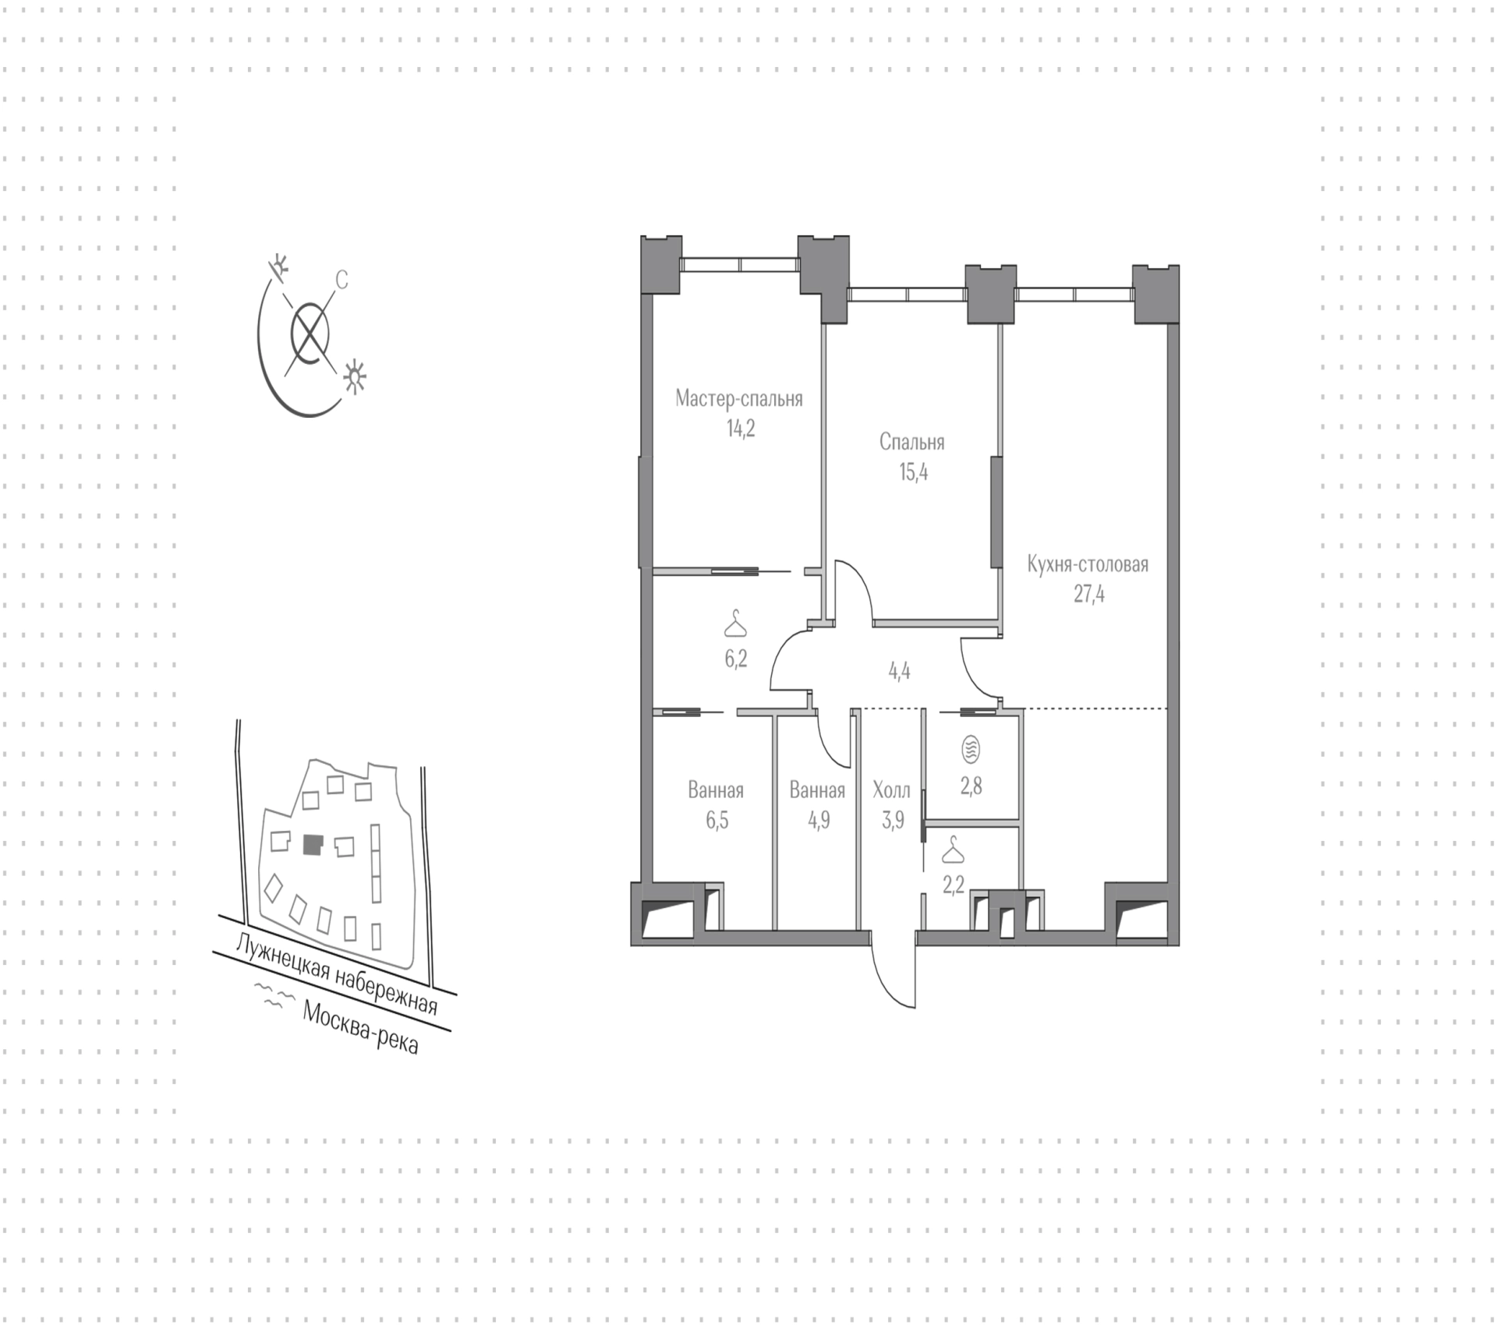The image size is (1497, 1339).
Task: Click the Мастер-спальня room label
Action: coord(738,399)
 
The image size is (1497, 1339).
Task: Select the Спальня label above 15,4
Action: coord(911,443)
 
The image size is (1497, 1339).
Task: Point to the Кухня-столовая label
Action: coord(1088,564)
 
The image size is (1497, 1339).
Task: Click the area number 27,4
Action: coord(1089,595)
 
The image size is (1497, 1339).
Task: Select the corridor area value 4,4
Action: coord(899,671)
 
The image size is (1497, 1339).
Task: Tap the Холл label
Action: coord(891,790)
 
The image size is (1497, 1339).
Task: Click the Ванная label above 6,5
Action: coord(715,790)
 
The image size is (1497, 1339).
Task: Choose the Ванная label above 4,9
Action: coord(817,790)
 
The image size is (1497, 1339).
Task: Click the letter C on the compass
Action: coord(342,279)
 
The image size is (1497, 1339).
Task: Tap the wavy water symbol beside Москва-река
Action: coord(271,997)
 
